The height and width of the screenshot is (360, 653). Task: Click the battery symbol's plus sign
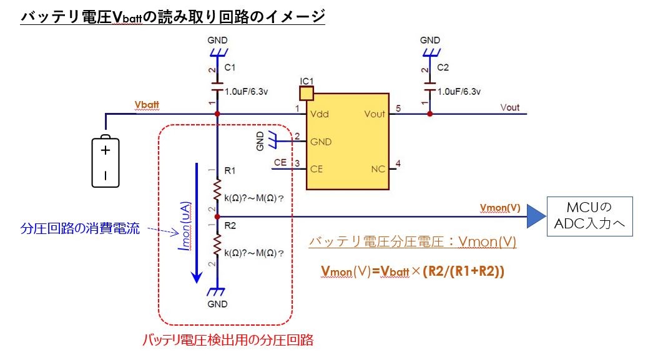point(106,150)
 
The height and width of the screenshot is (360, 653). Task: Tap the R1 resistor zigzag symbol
point(217,190)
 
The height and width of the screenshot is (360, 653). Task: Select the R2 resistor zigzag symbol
point(217,245)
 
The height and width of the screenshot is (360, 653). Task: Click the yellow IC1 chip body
point(348,142)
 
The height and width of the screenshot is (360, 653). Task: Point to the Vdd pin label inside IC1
point(320,114)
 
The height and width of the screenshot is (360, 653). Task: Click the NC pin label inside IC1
point(378,169)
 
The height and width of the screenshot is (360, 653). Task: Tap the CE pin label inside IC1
point(317,169)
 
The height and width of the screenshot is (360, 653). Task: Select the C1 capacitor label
point(230,67)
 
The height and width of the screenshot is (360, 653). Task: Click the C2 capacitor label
point(443,67)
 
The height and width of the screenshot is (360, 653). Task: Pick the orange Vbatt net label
point(147,105)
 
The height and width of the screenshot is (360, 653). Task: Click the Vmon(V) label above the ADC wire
point(500,208)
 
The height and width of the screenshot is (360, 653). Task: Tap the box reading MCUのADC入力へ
point(590,216)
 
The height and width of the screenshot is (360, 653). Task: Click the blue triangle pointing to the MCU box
point(536,216)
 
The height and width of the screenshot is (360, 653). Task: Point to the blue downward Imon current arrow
point(197,223)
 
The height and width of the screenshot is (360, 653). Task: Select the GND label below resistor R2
point(217,304)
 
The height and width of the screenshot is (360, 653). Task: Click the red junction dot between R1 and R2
point(217,217)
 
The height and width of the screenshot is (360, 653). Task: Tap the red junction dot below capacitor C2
point(430,114)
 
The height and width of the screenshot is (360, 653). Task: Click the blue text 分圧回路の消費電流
point(80,228)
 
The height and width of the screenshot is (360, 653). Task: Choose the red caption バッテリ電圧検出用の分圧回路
point(228,340)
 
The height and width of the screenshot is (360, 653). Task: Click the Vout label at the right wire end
point(510,107)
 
